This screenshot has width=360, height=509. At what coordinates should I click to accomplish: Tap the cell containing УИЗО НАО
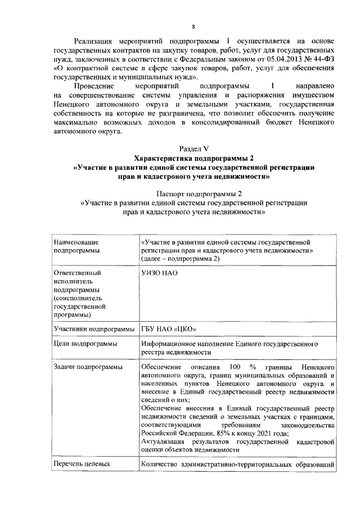pos(159,273)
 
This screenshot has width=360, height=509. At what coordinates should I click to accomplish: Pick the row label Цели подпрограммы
pos(85,343)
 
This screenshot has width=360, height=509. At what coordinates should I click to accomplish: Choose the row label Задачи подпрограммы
pos(87,367)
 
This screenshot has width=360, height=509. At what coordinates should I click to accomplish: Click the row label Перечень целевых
pos(82,465)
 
